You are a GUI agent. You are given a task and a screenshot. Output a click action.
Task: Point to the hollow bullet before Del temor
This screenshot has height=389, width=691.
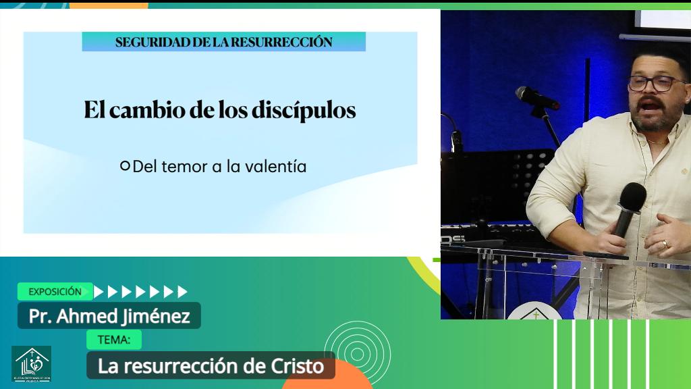point(125,165)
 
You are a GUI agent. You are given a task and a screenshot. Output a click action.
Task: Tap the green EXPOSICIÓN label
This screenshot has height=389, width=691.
point(55,292)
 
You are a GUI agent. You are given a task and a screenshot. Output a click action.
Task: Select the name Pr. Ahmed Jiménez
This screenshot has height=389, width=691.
point(109,315)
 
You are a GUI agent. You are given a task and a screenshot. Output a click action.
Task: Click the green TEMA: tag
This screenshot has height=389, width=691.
point(114,340)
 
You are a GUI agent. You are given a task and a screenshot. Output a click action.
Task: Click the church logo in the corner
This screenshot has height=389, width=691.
point(31,364)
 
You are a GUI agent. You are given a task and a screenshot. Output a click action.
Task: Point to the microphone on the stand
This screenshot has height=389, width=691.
point(536,98)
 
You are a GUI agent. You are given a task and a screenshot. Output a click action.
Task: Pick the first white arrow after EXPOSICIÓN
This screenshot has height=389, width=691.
point(99,292)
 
